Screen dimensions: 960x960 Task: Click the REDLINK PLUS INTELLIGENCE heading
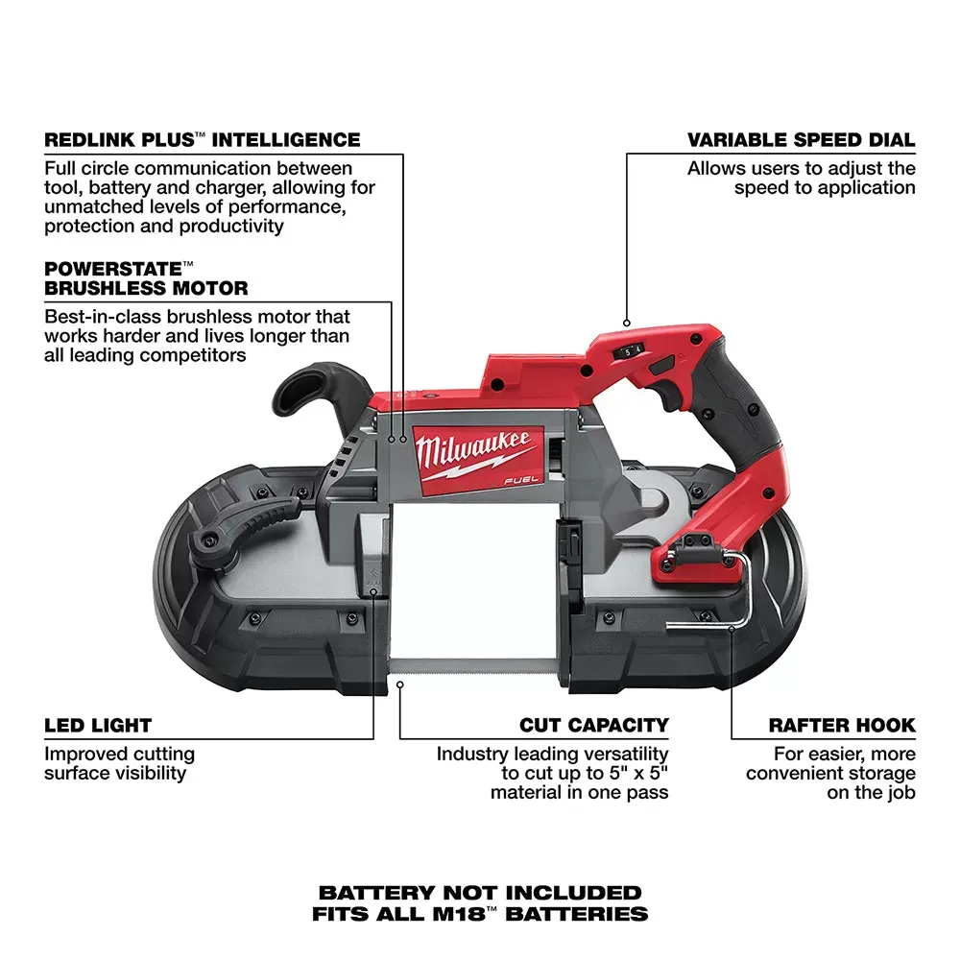click(203, 140)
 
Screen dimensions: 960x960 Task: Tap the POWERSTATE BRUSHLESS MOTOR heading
click(146, 278)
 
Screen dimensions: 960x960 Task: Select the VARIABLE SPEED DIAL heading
click(801, 140)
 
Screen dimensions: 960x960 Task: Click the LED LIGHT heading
click(98, 726)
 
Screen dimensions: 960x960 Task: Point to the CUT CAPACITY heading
click(594, 726)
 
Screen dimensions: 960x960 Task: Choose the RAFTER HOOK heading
click(842, 726)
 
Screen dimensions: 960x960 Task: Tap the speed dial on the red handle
click(631, 352)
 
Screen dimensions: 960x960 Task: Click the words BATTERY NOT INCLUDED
click(480, 893)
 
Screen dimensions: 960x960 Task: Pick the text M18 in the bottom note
click(476, 914)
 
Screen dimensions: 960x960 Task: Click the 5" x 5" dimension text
click(631, 773)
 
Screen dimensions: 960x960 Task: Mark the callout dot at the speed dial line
click(627, 324)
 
